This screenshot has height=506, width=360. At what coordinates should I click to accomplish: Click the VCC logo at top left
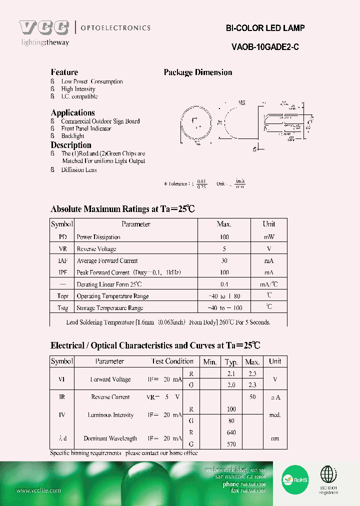click(x=44, y=28)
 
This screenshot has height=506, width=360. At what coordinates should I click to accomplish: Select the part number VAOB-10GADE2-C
click(x=265, y=47)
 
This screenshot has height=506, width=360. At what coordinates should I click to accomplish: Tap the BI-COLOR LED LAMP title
click(x=265, y=28)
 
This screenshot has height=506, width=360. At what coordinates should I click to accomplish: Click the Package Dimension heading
click(x=198, y=72)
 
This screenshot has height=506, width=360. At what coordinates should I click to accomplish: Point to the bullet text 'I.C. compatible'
click(x=79, y=96)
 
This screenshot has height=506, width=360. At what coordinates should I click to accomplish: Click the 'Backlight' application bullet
click(x=72, y=136)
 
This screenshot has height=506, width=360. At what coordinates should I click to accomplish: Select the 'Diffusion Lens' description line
click(x=78, y=170)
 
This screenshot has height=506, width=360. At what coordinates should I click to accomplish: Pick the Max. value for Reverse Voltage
click(x=224, y=249)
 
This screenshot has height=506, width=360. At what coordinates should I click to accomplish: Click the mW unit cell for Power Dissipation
click(x=269, y=237)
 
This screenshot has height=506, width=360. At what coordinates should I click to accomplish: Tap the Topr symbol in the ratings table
click(x=62, y=296)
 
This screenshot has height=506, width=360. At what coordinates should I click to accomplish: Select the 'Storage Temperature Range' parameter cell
click(x=110, y=308)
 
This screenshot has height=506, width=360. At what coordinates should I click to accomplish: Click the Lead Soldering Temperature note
click(x=168, y=322)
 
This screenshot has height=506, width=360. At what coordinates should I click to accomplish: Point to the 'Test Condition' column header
click(x=172, y=361)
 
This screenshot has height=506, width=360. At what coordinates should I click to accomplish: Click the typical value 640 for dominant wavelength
click(x=231, y=432)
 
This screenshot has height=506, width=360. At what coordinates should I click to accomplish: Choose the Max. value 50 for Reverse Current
click(x=252, y=397)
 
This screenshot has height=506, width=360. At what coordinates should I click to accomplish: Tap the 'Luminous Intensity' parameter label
click(x=110, y=415)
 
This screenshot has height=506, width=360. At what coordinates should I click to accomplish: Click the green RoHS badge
click(x=295, y=478)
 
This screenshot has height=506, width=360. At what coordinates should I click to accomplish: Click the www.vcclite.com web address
click(x=38, y=490)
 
